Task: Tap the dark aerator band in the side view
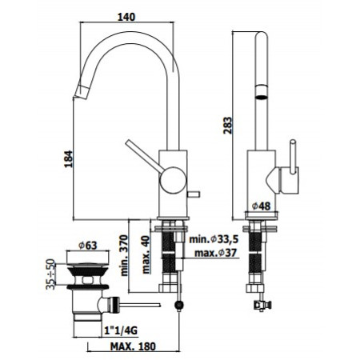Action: point(261,96)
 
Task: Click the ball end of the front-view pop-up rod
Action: point(181,305)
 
